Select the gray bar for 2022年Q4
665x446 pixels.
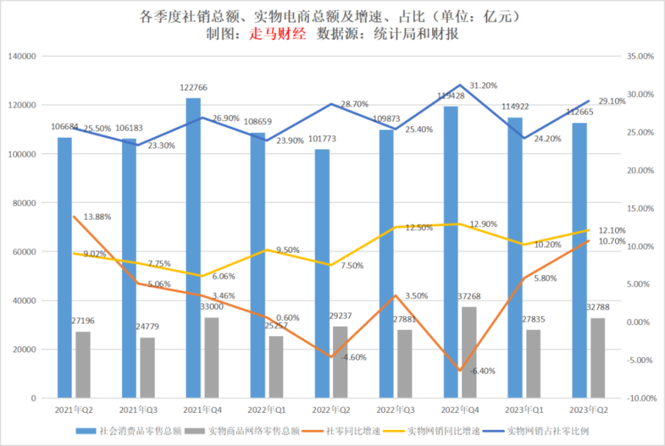470,353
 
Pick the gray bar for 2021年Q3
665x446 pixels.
148,368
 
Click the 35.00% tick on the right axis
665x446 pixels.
639,56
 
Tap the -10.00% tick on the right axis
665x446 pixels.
639,398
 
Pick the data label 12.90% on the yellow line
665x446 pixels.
483,224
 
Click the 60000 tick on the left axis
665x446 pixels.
27,251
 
